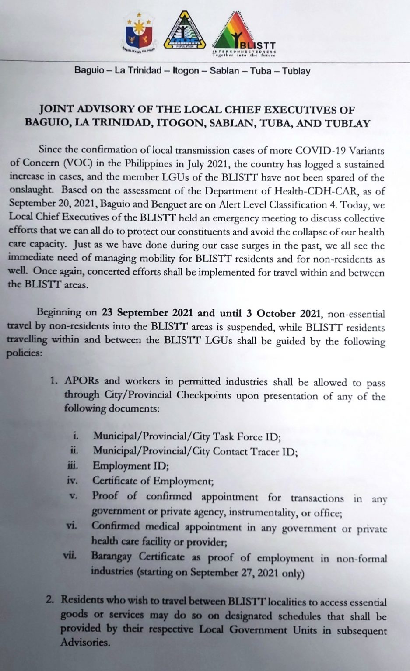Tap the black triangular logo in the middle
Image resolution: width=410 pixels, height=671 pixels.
[184, 31]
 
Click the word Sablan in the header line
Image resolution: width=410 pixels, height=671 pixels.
[224, 71]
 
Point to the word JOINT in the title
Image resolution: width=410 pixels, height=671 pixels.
[55, 109]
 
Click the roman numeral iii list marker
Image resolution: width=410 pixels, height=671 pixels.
[72, 466]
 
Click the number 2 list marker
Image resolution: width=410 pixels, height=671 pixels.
[50, 600]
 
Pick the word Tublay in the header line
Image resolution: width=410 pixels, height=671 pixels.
[296, 71]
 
